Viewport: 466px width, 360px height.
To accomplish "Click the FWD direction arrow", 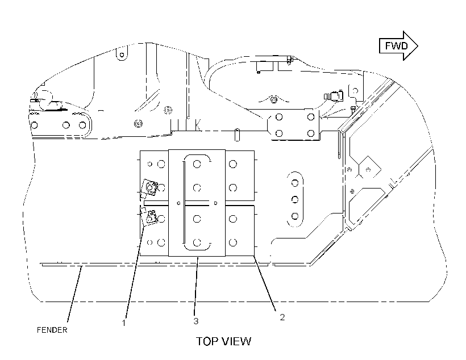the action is point(398,46).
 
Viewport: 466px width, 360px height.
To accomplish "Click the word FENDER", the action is point(52,330).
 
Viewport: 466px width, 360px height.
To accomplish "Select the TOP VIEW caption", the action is point(223,341).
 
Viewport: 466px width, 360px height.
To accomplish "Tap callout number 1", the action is point(124,323).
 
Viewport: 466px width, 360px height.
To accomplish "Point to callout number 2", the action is point(282,317).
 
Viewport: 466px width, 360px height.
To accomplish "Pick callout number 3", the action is point(196,321).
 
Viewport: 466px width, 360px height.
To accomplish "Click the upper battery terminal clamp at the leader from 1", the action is point(149,188).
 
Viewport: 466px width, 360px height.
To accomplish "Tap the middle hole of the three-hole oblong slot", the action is point(295,199).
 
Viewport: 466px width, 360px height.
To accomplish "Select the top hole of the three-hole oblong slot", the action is point(295,183).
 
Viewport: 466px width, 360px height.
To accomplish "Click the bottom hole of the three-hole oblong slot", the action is point(295,216).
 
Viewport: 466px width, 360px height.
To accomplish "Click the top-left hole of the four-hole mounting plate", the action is point(279,117).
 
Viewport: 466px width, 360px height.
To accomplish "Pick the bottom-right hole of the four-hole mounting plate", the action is point(311,133).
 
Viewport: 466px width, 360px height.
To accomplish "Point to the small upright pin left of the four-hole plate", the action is point(237,135).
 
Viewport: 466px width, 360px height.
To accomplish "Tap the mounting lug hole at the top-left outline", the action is point(122,55).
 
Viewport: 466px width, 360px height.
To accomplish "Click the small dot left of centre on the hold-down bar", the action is point(178,203).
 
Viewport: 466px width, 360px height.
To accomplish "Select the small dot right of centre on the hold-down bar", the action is point(215,203).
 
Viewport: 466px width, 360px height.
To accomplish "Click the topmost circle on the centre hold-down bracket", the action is point(197,164).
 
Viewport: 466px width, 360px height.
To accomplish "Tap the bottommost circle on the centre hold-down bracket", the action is point(197,242).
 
